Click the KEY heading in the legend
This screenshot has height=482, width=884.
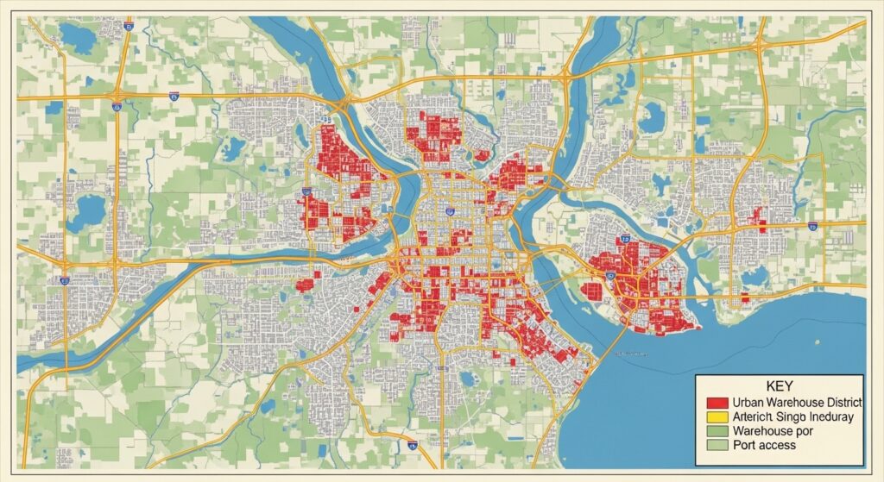coord(779,387)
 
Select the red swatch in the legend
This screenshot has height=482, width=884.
coord(717,403)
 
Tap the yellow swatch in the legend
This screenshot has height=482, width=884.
coord(717,416)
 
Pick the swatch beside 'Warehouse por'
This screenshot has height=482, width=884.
coord(717,431)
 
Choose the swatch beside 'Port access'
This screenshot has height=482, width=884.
coord(717,446)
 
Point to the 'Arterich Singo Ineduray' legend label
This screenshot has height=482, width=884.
coord(792,416)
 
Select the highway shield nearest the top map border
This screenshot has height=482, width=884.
coord(129,27)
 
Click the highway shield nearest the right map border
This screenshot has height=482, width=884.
coord(812,225)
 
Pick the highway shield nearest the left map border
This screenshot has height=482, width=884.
coord(65,280)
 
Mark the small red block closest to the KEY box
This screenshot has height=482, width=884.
coord(744,298)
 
